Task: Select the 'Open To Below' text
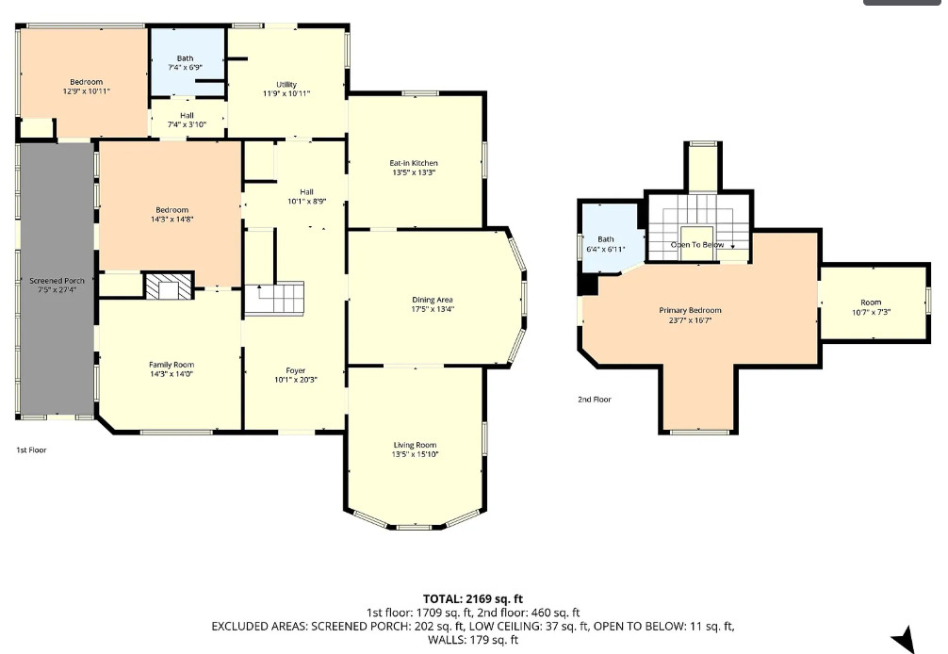[697, 245]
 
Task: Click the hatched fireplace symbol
[169, 286]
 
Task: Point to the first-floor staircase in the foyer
[274, 298]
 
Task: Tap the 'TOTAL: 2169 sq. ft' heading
[473, 599]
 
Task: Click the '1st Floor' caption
[31, 450]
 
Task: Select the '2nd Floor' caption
[595, 399]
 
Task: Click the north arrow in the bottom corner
[904, 640]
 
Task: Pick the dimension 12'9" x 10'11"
[87, 91]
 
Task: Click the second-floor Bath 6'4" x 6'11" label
[606, 243]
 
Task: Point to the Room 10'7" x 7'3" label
[872, 307]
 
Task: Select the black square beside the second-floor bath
[587, 285]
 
